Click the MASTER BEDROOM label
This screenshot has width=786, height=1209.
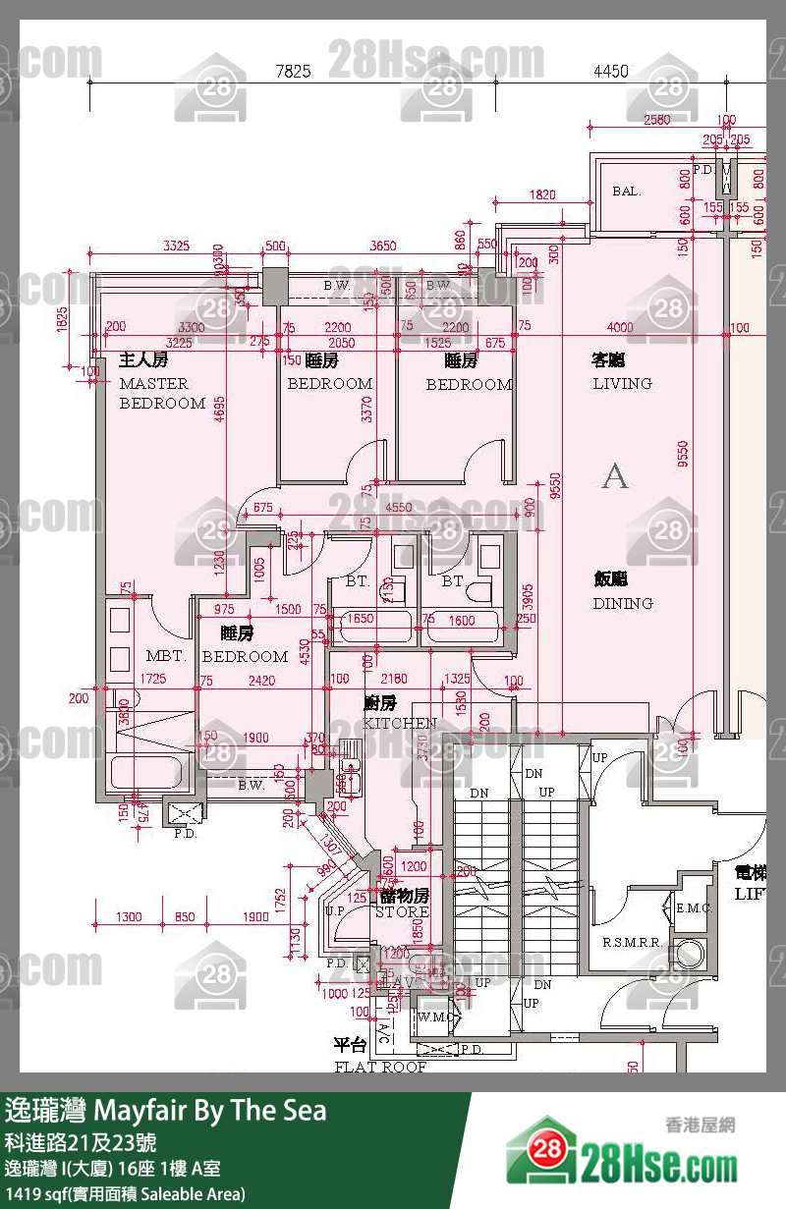(x=162, y=393)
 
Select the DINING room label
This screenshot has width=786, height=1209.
(x=622, y=603)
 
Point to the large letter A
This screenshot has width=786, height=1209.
(x=615, y=476)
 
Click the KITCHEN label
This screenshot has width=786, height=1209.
(x=400, y=723)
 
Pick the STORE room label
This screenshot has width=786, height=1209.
(x=402, y=911)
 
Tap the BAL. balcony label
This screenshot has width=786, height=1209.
(x=626, y=192)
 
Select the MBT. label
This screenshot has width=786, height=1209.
(x=165, y=656)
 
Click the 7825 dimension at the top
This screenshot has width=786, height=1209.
(x=293, y=71)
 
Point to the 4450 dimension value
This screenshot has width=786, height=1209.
(x=610, y=71)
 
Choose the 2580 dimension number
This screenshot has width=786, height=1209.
(x=656, y=121)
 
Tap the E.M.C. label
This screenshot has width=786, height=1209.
(x=694, y=908)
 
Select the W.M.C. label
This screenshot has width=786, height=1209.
(x=436, y=1017)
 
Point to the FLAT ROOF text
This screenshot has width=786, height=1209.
(x=380, y=1067)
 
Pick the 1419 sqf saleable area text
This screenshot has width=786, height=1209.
(x=125, y=1194)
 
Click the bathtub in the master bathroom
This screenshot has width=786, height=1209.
(x=147, y=772)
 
